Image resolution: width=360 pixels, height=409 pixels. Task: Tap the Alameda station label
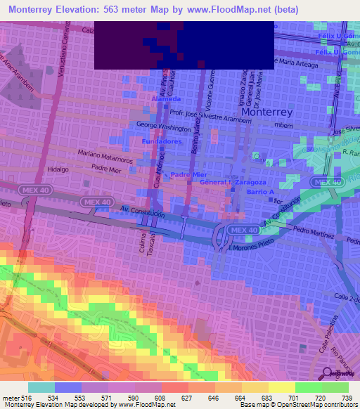pyautogui.click(x=166, y=100)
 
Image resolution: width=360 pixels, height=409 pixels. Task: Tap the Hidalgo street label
pyautogui.click(x=56, y=170)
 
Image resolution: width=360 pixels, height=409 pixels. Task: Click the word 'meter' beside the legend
pyautogui.click(x=8, y=397)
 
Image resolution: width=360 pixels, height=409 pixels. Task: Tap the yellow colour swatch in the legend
pyautogui.click(x=282, y=387)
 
